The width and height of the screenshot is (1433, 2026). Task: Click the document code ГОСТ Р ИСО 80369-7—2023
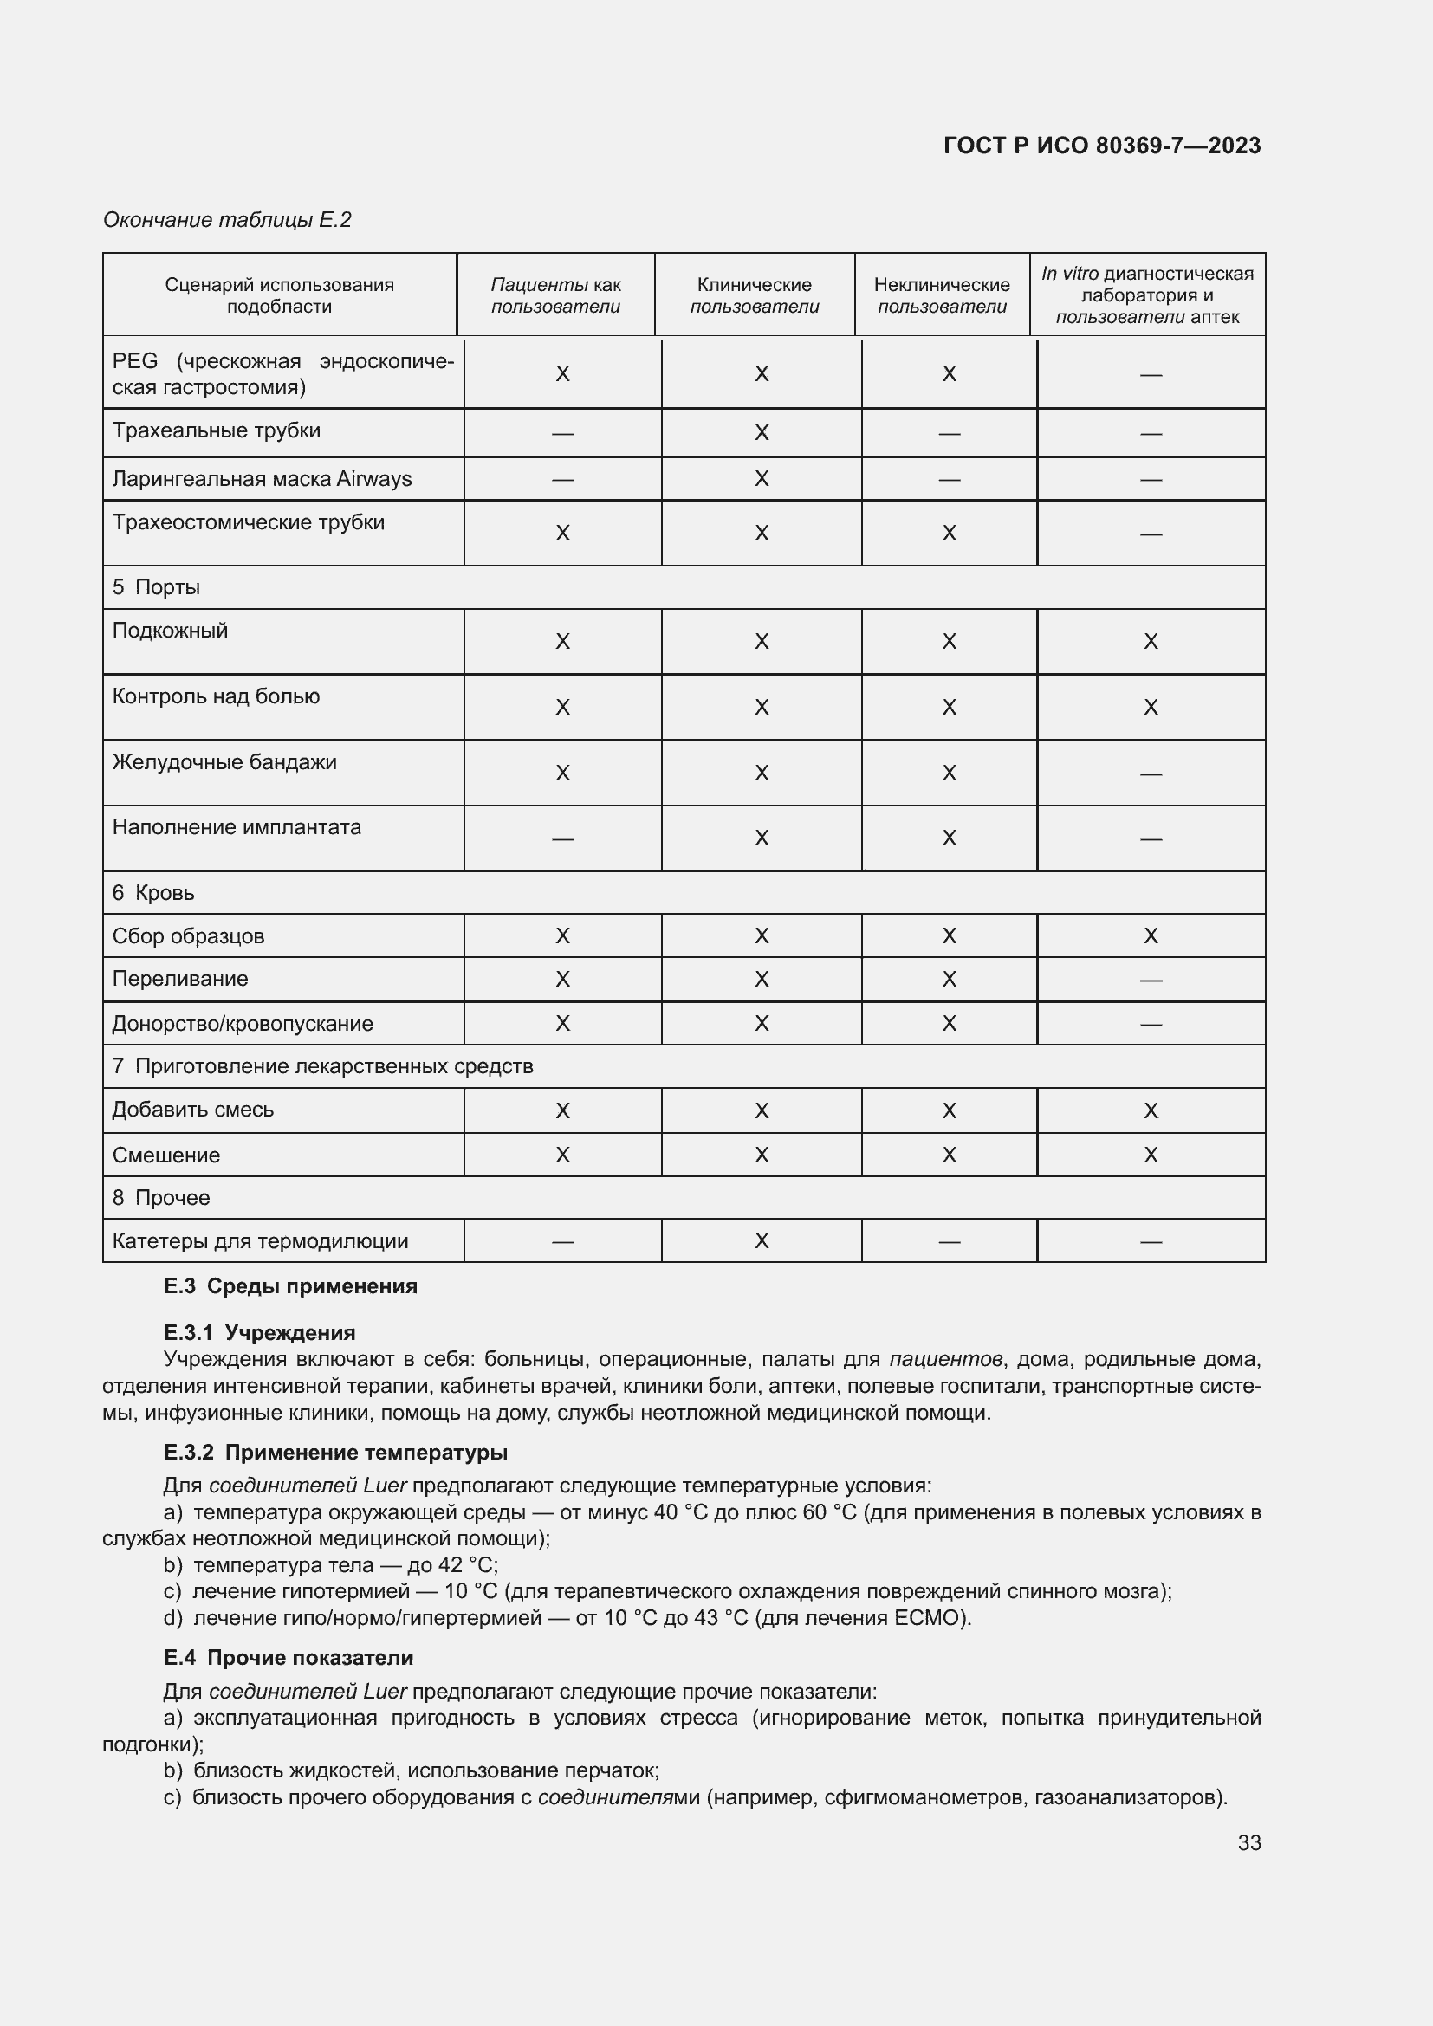click(x=1101, y=146)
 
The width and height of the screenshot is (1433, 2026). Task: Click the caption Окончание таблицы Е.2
click(x=227, y=220)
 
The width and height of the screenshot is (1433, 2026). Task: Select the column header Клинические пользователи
click(x=754, y=295)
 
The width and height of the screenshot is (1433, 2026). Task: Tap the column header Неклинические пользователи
click(x=942, y=295)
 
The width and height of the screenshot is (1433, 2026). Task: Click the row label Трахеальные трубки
click(x=217, y=430)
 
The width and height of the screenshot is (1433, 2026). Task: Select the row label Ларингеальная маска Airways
click(x=261, y=479)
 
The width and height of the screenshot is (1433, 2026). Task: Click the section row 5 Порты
click(x=156, y=587)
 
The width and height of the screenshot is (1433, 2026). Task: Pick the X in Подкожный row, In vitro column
click(x=1150, y=642)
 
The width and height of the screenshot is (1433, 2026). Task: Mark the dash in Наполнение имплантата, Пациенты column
click(x=562, y=838)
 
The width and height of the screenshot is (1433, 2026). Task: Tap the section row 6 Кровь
click(x=153, y=893)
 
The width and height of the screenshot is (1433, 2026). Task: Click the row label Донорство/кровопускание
click(x=243, y=1024)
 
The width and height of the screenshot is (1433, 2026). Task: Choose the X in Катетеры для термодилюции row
click(x=762, y=1241)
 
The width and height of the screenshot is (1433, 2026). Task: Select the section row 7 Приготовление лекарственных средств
click(x=322, y=1067)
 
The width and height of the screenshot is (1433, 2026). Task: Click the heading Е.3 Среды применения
click(x=290, y=1286)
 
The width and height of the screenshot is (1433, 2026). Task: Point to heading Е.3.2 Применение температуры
click(x=335, y=1453)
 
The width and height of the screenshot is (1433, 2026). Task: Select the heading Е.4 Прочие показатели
click(x=289, y=1658)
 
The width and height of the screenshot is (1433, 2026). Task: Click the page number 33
click(x=1248, y=1843)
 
